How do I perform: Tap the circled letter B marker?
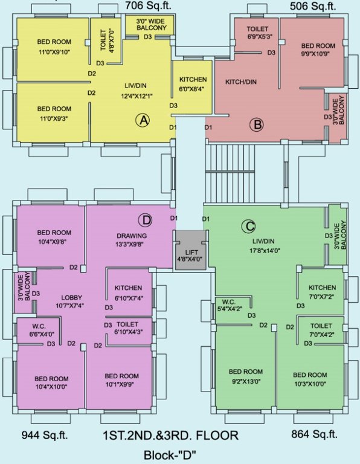[257, 125]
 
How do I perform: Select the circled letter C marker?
[248, 227]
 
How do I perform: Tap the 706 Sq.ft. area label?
[149, 7]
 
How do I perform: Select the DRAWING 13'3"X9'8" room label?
[132, 239]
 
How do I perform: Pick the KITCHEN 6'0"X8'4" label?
[193, 84]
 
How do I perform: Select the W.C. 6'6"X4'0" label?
[42, 330]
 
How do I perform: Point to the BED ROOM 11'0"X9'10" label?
[54, 46]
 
